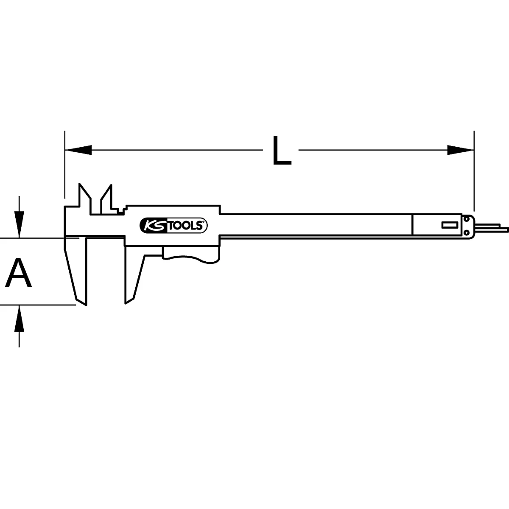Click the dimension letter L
click(281, 150)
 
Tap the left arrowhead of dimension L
click(78, 150)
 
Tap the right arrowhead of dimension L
click(460, 150)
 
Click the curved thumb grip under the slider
click(191, 255)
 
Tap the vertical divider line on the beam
click(412, 225)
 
